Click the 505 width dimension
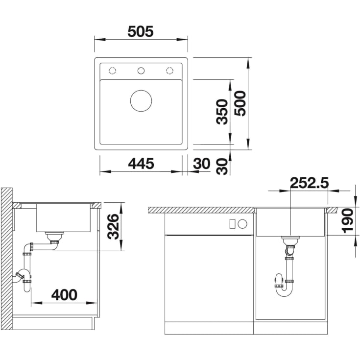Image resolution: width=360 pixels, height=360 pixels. pyautogui.click(x=140, y=31)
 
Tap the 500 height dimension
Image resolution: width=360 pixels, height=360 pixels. pyautogui.click(x=240, y=103)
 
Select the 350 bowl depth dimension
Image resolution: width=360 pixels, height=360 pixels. pyautogui.click(x=222, y=112)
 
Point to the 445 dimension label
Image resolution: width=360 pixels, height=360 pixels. pyautogui.click(x=141, y=164)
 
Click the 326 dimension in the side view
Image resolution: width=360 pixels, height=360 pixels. pyautogui.click(x=114, y=227)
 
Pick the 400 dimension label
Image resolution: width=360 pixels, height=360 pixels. pyautogui.click(x=64, y=295)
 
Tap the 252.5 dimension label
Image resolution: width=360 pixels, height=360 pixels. pyautogui.click(x=309, y=183)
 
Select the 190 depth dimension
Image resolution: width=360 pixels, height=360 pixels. pyautogui.click(x=347, y=220)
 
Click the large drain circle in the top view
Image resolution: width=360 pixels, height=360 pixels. pyautogui.click(x=141, y=101)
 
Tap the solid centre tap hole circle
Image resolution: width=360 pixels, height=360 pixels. pyautogui.click(x=141, y=71)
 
